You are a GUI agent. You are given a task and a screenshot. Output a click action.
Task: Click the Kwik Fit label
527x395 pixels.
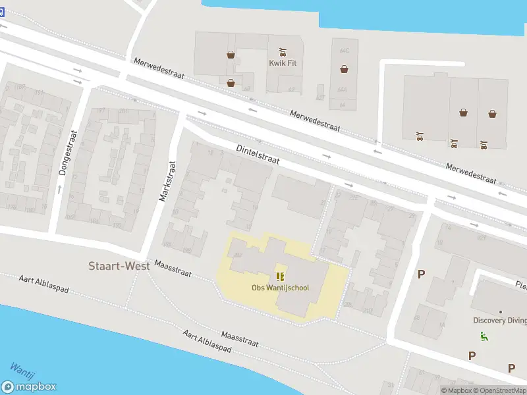pyautogui.click(x=283, y=63)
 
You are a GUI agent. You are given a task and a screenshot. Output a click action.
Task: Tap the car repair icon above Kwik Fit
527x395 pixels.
pyautogui.click(x=283, y=51)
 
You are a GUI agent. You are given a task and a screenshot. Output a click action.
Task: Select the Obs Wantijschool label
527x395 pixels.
pyautogui.click(x=280, y=288)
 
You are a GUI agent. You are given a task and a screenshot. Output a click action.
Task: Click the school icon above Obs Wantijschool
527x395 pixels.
pyautogui.click(x=280, y=276)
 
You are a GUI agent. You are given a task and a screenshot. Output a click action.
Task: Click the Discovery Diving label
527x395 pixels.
pyautogui.click(x=500, y=321)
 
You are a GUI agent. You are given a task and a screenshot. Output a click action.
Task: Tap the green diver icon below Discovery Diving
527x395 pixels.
pyautogui.click(x=484, y=336)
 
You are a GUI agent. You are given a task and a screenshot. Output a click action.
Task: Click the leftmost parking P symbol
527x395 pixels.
pyautogui.click(x=421, y=274)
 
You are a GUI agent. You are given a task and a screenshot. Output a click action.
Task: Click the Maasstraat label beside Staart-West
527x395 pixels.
pyautogui.click(x=173, y=269)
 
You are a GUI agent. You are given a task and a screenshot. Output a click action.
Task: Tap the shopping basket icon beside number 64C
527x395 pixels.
pyautogui.click(x=344, y=68)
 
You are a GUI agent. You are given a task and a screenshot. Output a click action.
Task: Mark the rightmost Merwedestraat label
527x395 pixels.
pyautogui.click(x=470, y=172)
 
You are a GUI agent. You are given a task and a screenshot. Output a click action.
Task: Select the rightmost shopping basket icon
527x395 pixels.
pyautogui.click(x=492, y=113)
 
